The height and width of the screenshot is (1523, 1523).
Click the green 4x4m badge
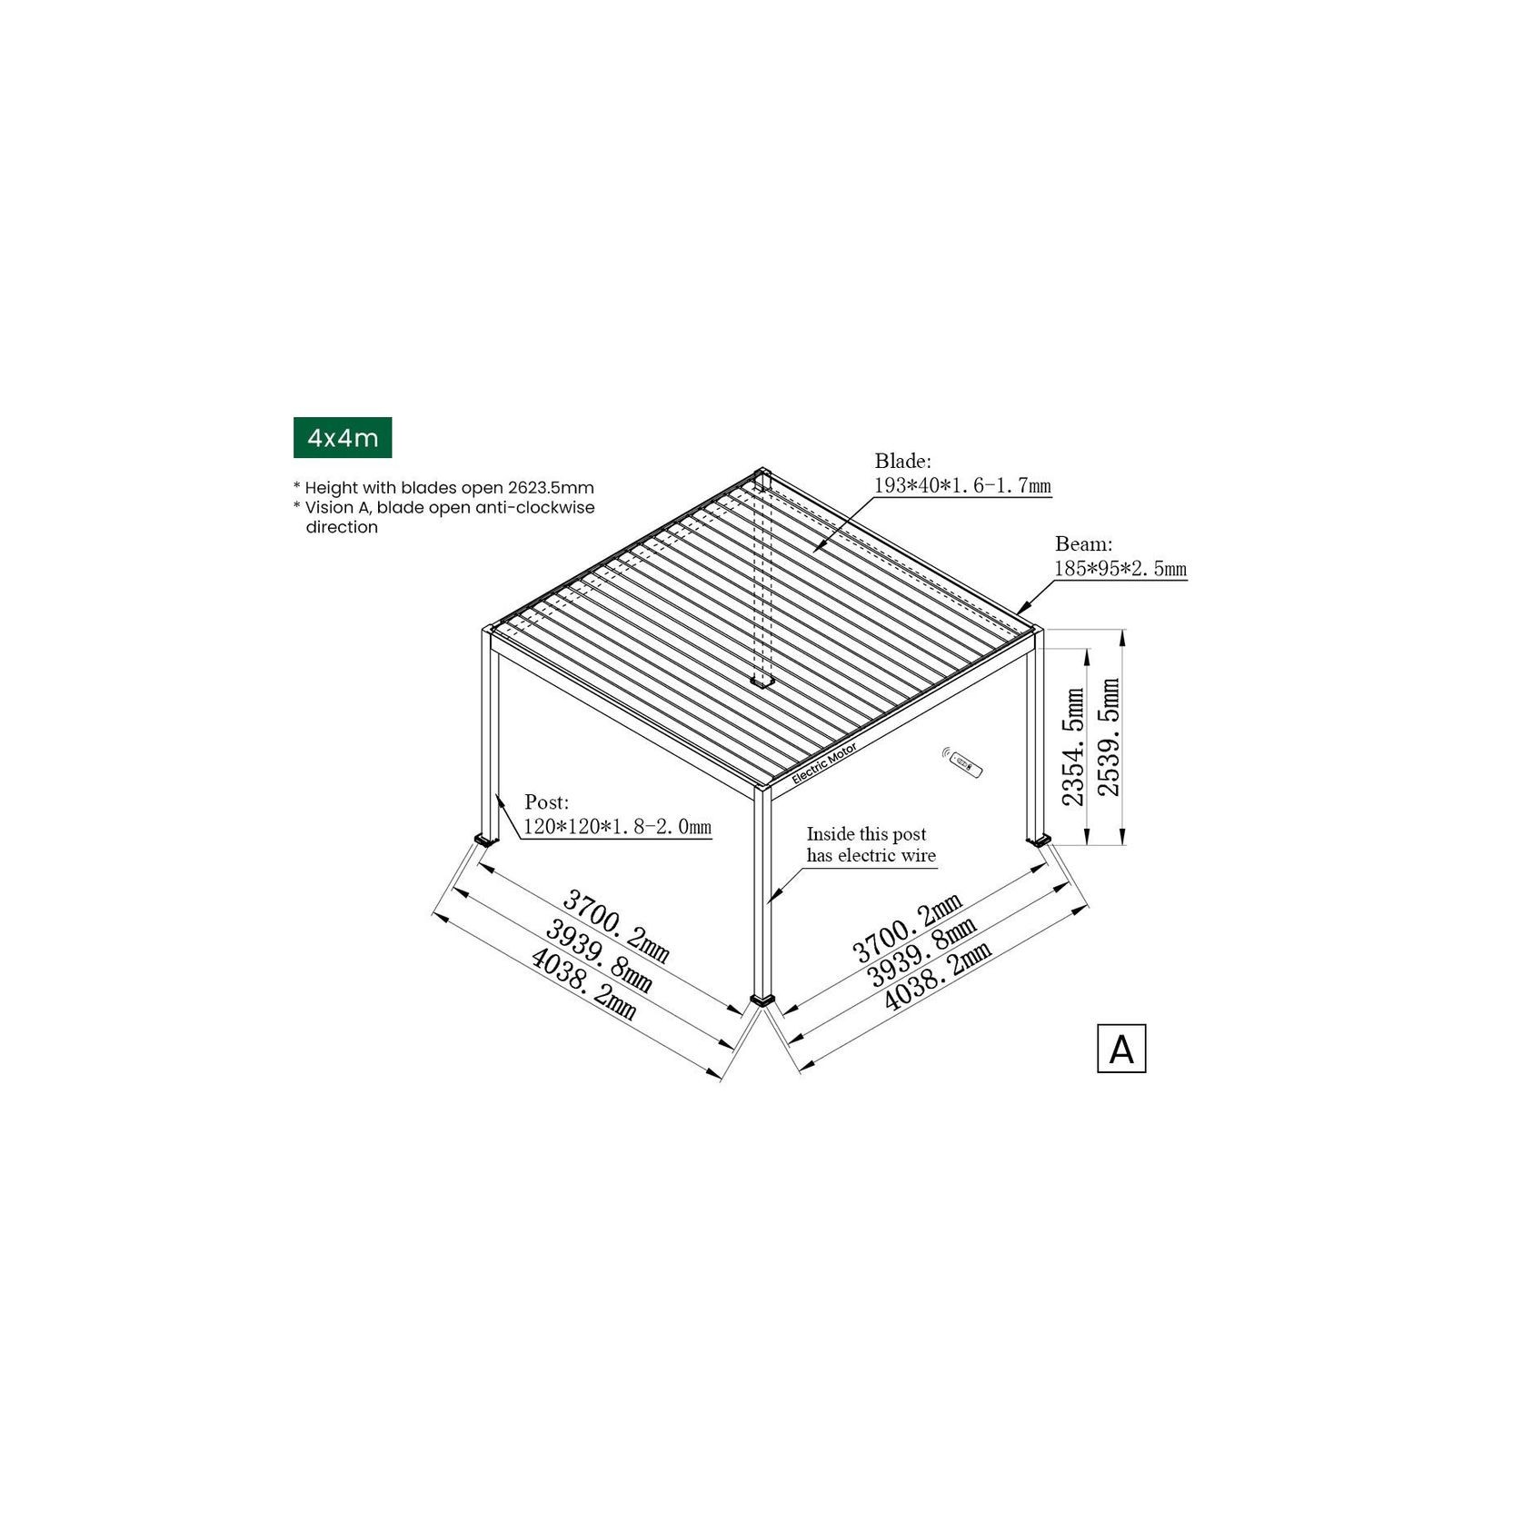[x=342, y=438]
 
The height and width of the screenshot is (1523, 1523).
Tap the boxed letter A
[x=1120, y=1049]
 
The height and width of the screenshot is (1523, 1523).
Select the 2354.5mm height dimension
[x=1074, y=747]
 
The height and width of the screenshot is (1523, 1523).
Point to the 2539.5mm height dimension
[x=1110, y=737]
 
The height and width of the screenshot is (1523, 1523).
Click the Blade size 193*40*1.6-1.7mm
[x=961, y=486]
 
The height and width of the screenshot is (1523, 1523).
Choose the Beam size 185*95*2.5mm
[x=1120, y=570]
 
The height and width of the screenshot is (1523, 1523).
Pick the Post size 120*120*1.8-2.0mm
[x=617, y=827]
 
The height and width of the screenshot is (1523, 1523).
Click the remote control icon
[x=965, y=764]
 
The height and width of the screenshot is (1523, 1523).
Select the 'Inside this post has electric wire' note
[x=871, y=845]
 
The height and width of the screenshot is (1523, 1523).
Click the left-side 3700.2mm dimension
[x=617, y=927]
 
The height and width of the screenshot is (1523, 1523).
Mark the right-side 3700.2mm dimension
[x=907, y=927]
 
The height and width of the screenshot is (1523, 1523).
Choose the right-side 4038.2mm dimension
[x=938, y=977]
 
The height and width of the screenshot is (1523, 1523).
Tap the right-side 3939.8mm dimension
[x=922, y=952]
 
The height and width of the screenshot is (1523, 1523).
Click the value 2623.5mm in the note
[x=551, y=488]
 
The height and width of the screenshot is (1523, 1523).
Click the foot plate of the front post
[x=763, y=1000]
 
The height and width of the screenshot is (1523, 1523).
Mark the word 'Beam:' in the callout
[x=1083, y=544]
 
